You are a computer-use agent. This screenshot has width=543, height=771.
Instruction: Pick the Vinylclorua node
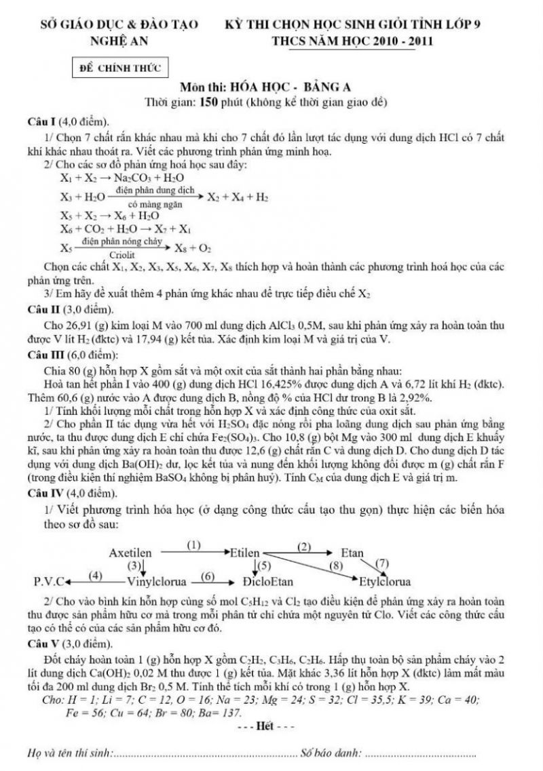tap(155, 582)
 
